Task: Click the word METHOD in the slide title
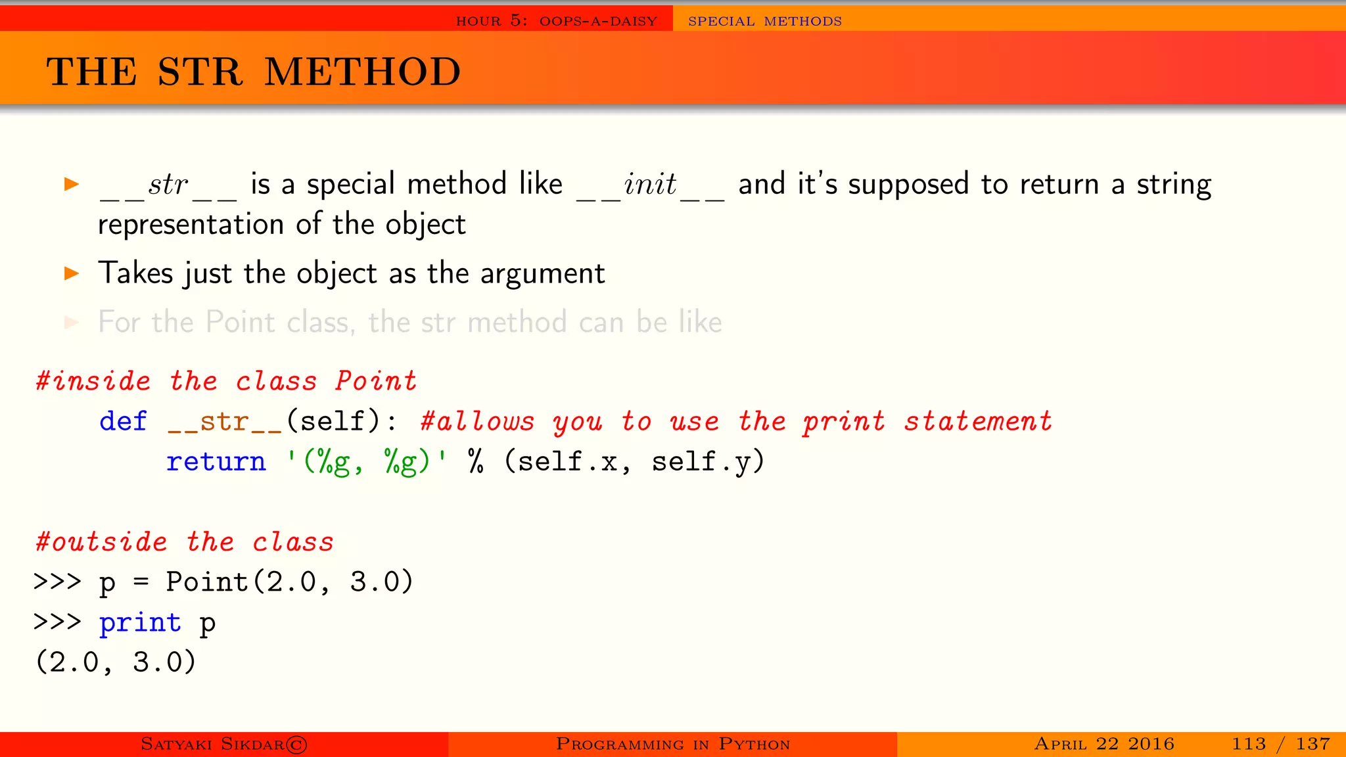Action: (363, 72)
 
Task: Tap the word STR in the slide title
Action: (200, 72)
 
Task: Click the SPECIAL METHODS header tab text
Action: (764, 21)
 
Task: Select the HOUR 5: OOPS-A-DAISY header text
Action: (556, 21)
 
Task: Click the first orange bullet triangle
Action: (72, 184)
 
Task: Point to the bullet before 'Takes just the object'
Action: (72, 273)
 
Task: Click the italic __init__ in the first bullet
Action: (650, 185)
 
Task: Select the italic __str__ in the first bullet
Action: (168, 185)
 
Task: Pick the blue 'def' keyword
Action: (123, 421)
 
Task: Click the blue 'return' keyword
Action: (216, 461)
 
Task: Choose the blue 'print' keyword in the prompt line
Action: (140, 622)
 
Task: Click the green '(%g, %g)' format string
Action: (367, 461)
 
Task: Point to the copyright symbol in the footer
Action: (296, 745)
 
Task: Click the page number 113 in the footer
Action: (1249, 744)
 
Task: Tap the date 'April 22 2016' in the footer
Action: (1104, 744)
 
